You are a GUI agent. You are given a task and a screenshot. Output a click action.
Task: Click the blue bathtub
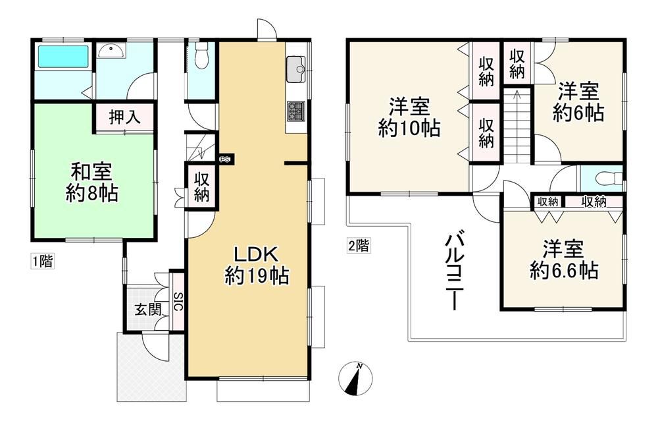click(63, 56)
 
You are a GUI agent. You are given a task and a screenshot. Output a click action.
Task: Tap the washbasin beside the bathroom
click(111, 51)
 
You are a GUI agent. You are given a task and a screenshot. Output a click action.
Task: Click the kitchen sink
click(297, 69)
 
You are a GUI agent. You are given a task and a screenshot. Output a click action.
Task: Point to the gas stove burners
click(296, 111)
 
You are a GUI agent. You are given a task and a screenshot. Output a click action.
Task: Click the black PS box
click(225, 159)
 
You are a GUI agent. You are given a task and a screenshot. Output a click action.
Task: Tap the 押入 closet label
click(124, 117)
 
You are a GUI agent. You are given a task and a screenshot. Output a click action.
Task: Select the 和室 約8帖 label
click(92, 182)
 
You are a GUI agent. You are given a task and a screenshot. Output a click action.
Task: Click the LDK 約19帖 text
click(257, 266)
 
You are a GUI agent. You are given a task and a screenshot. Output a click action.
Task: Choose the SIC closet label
click(178, 301)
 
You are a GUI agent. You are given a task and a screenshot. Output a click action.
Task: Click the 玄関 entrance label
click(147, 310)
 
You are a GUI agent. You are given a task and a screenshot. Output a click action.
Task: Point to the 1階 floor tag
click(43, 261)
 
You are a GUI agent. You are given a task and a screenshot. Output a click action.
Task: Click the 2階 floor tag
click(359, 245)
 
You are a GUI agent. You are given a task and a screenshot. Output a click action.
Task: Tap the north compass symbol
click(355, 378)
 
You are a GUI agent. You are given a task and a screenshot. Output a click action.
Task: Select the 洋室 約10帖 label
click(409, 117)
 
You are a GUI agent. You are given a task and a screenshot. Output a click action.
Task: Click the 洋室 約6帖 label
click(578, 102)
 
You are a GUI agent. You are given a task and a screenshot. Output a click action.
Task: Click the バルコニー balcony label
click(453, 273)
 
